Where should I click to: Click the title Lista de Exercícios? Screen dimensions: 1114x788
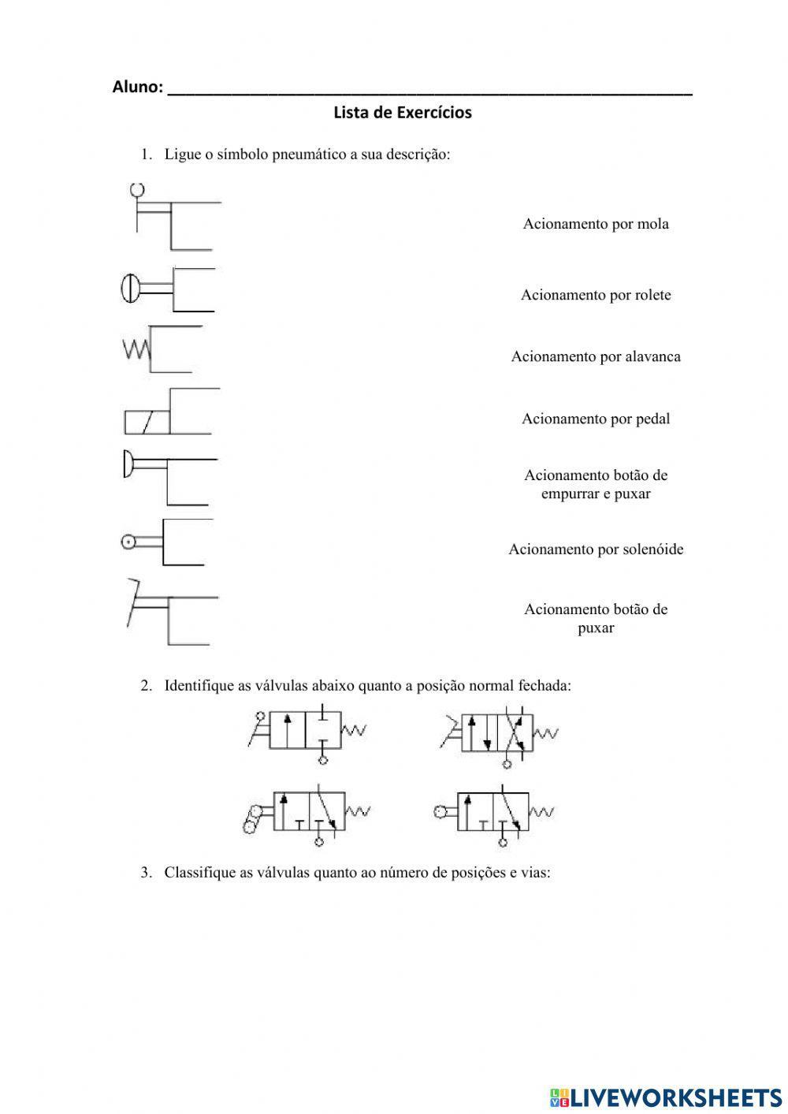click(402, 113)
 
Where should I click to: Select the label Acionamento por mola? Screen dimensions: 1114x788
click(596, 224)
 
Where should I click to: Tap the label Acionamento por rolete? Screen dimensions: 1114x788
click(596, 295)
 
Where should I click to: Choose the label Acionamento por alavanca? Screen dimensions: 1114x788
click(596, 356)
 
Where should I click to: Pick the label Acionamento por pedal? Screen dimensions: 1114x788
click(596, 419)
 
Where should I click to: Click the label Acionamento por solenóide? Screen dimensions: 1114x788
click(596, 550)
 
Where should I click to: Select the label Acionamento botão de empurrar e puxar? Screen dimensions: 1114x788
click(596, 484)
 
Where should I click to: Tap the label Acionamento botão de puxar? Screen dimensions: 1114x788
click(596, 618)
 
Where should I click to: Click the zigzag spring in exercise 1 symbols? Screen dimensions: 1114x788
click(136, 349)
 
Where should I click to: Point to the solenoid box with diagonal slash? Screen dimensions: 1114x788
click(147, 423)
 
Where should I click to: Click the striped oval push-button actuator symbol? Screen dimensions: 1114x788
click(130, 287)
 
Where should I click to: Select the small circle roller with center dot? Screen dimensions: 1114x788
click(127, 542)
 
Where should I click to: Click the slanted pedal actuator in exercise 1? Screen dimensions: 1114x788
click(133, 602)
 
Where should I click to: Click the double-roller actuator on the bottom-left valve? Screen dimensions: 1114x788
click(254, 818)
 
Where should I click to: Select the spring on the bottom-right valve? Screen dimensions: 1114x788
click(542, 811)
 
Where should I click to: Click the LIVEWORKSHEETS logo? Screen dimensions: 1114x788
click(666, 1097)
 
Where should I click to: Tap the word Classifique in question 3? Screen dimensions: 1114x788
click(199, 873)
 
